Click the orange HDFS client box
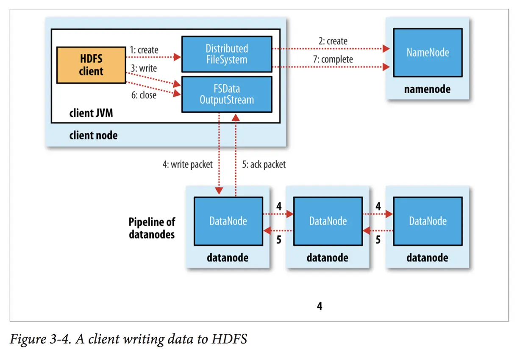pyautogui.click(x=91, y=65)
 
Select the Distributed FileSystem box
pyautogui.click(x=226, y=54)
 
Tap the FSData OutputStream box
pyautogui.click(x=226, y=94)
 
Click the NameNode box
pyautogui.click(x=428, y=53)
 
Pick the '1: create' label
pyautogui.click(x=144, y=50)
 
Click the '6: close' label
pyautogui.click(x=143, y=95)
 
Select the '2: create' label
pyautogui.click(x=333, y=41)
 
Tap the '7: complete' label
pyautogui.click(x=333, y=59)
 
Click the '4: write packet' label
pyautogui.click(x=187, y=164)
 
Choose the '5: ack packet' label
pyautogui.click(x=264, y=164)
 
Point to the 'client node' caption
pyautogui.click(x=93, y=136)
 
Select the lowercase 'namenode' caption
pyautogui.click(x=428, y=89)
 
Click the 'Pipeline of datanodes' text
pyautogui.click(x=152, y=228)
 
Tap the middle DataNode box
pyautogui.click(x=328, y=221)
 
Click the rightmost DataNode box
pyautogui.click(x=428, y=221)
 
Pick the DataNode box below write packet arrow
pyautogui.click(x=228, y=221)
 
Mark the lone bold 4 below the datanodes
pyautogui.click(x=320, y=306)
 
